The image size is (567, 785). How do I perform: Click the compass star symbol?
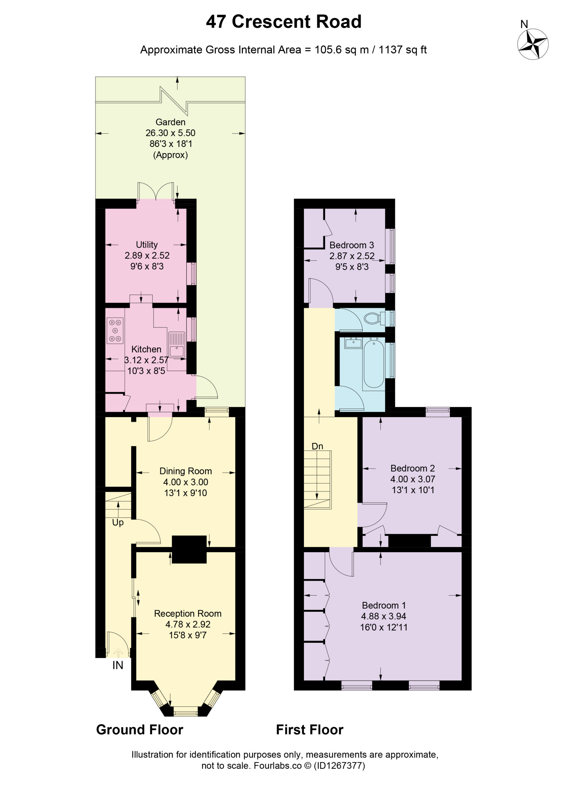pyautogui.click(x=532, y=44)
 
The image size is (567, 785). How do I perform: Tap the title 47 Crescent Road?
pyautogui.click(x=283, y=21)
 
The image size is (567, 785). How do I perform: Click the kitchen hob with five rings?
pyautogui.click(x=115, y=331)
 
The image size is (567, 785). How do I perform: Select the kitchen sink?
pyautogui.click(x=177, y=345)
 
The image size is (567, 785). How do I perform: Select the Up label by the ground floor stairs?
pyautogui.click(x=118, y=523)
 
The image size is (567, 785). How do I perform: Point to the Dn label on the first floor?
pyautogui.click(x=317, y=446)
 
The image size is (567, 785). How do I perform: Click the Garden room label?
pyautogui.click(x=170, y=122)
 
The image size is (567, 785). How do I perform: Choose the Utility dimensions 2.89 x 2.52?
pyautogui.click(x=147, y=255)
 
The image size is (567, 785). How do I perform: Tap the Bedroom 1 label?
pyautogui.click(x=384, y=605)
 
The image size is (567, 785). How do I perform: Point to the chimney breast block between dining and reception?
pyautogui.click(x=189, y=549)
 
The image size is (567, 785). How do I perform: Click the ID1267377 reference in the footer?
pyautogui.click(x=339, y=766)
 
